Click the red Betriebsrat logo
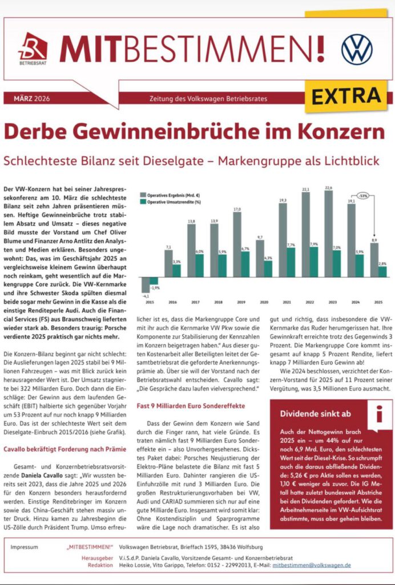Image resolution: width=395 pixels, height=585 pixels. tap(33, 46)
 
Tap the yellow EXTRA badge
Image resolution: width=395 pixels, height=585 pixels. tap(348, 93)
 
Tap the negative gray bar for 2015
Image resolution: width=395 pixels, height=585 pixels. tap(146, 285)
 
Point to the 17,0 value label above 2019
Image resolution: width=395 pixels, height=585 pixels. tap(237, 210)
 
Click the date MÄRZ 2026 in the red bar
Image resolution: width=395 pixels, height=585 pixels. tap(31, 98)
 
